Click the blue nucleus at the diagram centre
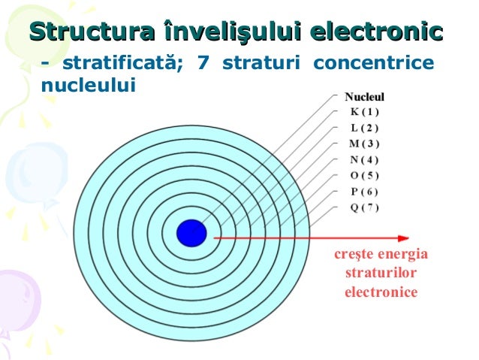(191, 232)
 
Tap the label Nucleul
(364, 97)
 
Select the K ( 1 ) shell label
(365, 111)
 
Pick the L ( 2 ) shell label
(365, 127)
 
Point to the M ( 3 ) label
(365, 143)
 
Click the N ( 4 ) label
(365, 159)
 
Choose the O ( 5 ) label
(365, 175)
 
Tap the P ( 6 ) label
(365, 191)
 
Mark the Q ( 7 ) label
(365, 207)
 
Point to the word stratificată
(124, 62)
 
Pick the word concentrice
(374, 62)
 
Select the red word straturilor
(380, 273)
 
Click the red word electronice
(380, 291)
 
